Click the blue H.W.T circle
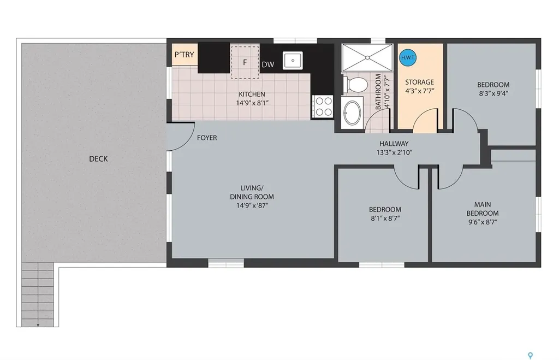point(407,57)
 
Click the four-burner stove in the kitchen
point(322,106)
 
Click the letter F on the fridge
point(246,62)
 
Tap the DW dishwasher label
point(267,64)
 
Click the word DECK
point(98,159)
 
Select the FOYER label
point(207,138)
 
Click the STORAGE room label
point(419,82)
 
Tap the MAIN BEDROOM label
point(482,209)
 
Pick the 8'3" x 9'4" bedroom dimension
point(493,93)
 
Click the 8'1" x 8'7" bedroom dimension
point(385,219)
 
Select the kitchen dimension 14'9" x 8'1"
point(251,103)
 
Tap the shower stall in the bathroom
point(367,57)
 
